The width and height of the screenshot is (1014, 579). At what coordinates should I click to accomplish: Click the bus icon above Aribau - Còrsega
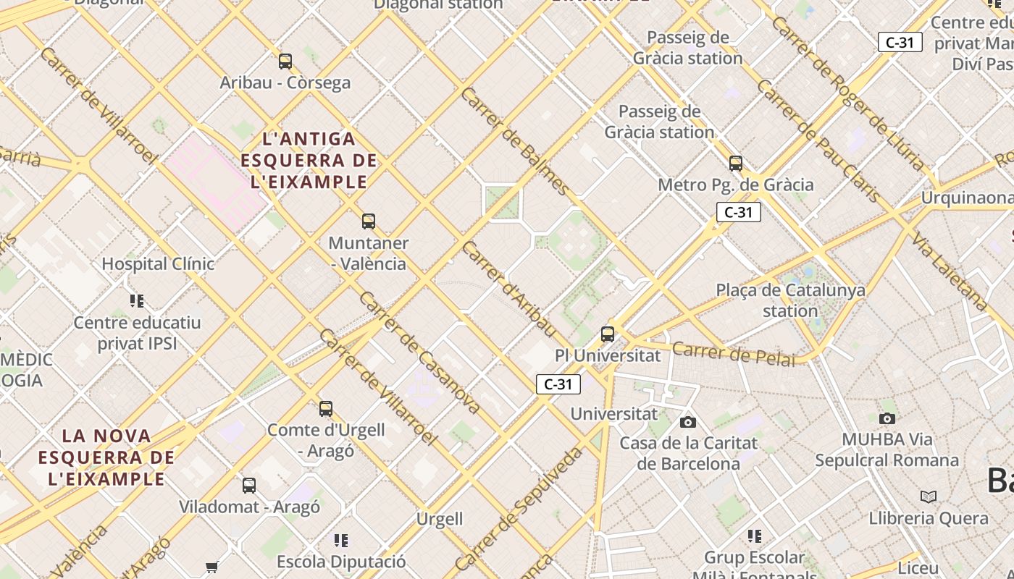pos(285,62)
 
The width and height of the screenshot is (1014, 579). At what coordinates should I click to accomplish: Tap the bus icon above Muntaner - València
pos(369,221)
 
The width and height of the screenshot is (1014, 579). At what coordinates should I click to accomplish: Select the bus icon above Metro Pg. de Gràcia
pos(736,164)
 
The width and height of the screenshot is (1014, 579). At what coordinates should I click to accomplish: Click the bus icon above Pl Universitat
pos(608,334)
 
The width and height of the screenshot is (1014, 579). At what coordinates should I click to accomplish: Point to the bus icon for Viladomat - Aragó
pos(249,486)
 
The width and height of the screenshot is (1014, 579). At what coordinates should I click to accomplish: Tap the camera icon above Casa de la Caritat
pos(688,422)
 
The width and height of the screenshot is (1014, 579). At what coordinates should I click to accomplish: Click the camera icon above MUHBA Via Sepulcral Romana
pos(887,418)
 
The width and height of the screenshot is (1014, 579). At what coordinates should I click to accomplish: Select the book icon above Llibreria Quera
pos(929,496)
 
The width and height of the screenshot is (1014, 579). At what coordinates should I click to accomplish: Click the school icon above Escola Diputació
pos(341,540)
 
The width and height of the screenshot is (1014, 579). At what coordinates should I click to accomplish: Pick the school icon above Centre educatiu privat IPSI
pos(137,300)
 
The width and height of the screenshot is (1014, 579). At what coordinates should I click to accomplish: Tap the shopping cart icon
pos(211,567)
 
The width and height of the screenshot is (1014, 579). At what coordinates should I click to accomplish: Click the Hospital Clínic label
pos(158,264)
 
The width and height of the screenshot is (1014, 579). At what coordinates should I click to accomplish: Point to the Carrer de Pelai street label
pos(733,355)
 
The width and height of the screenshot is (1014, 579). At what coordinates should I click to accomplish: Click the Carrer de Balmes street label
pos(515,141)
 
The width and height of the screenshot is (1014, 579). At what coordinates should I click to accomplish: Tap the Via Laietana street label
pos(949,271)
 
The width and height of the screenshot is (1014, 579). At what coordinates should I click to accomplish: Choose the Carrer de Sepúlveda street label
pos(519,508)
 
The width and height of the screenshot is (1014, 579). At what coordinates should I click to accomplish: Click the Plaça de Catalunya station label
pos(790,300)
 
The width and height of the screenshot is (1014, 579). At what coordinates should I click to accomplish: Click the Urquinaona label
pos(966,198)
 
